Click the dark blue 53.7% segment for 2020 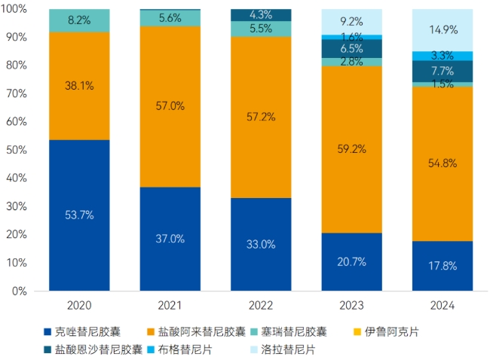point(79,215)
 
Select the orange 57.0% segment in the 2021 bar point(170,106)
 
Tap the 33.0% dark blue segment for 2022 point(260,244)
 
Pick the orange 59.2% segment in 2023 point(351,149)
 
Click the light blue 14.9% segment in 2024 point(442,30)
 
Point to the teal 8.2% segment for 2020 point(79,21)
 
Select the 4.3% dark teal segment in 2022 point(260,15)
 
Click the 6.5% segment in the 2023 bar point(351,48)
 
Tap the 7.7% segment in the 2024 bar point(442,71)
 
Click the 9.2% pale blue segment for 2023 point(351,22)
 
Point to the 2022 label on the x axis point(260,306)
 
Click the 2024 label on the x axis point(442,306)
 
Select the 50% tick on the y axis point(16,150)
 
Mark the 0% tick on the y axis point(19,291)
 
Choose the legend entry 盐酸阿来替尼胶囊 point(199,331)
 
